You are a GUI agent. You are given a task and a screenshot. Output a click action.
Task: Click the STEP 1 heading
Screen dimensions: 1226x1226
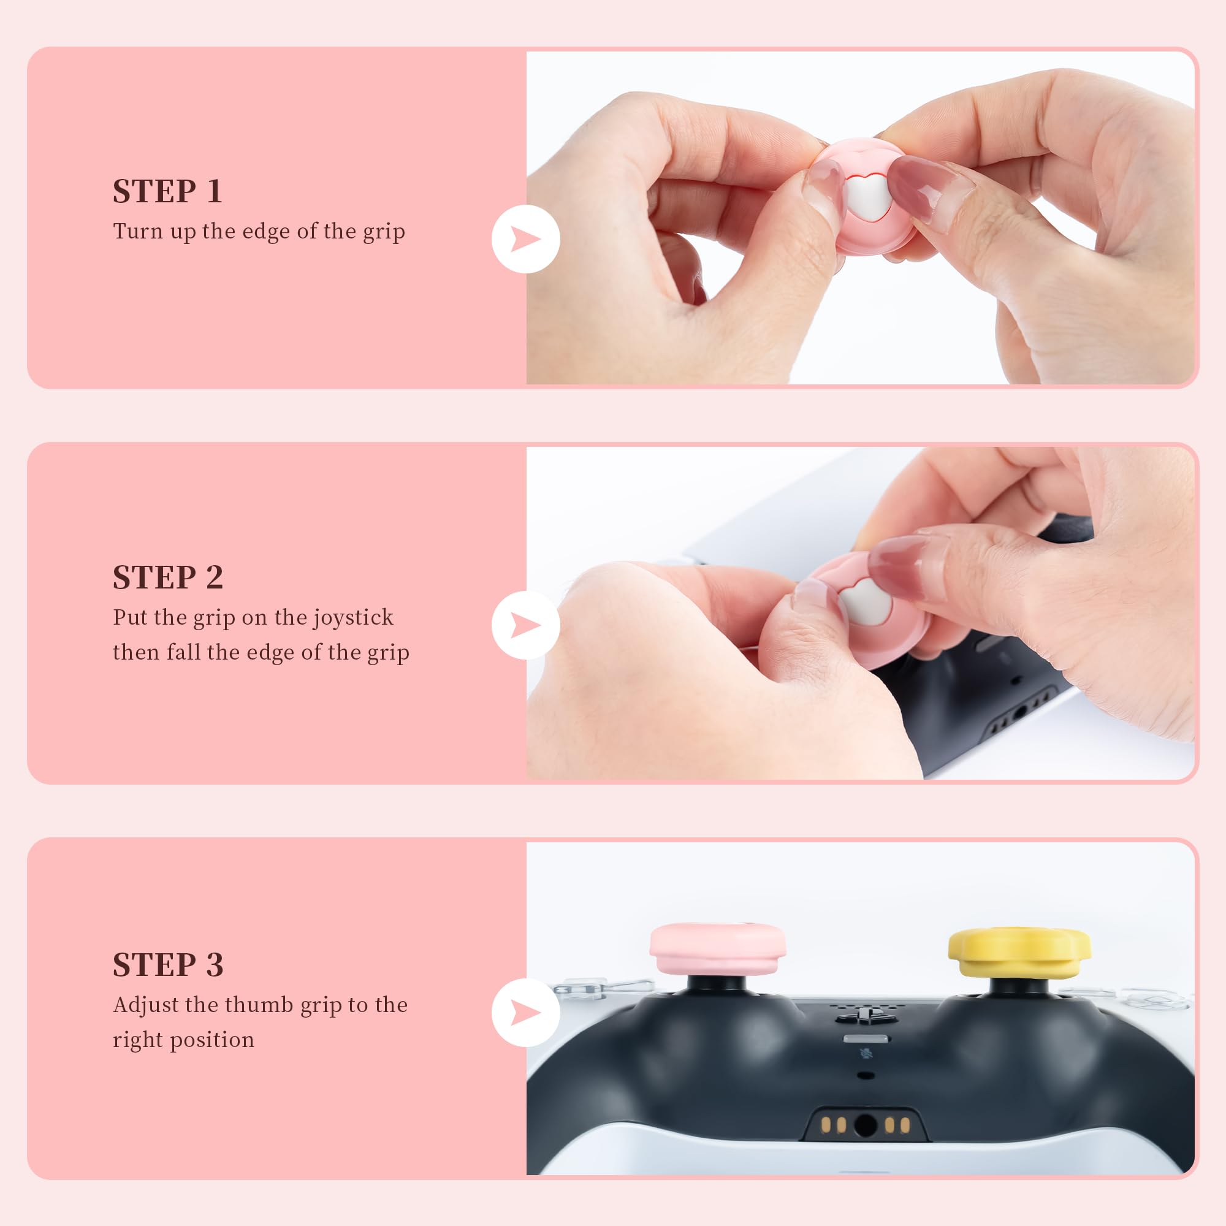[167, 191]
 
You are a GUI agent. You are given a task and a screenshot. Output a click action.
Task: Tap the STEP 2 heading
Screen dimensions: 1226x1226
[168, 577]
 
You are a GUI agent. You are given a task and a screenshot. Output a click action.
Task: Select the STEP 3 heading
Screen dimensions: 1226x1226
[168, 964]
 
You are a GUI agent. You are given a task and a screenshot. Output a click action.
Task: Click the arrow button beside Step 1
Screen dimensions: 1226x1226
[525, 239]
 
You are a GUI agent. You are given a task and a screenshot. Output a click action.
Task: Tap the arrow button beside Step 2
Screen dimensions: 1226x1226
[525, 625]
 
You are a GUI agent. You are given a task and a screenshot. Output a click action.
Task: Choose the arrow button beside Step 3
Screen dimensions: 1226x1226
[525, 1013]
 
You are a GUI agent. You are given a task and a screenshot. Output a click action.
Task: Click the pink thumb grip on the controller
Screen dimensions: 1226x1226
[718, 950]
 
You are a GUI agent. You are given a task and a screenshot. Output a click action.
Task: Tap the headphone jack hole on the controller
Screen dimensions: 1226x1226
[866, 1125]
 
